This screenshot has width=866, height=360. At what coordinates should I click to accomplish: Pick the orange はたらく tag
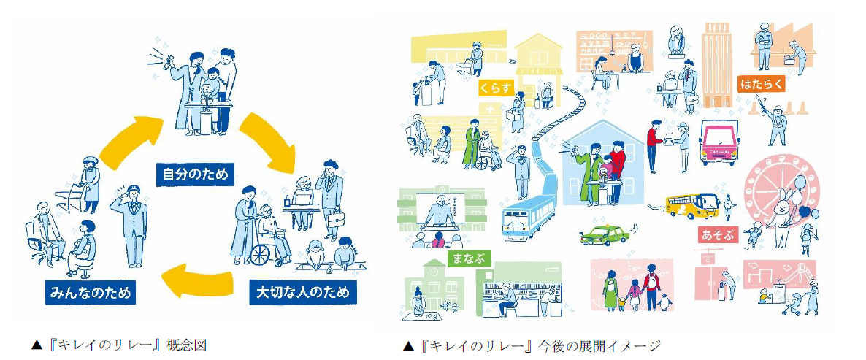[761, 83]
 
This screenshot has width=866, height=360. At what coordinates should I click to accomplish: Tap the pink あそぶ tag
[717, 235]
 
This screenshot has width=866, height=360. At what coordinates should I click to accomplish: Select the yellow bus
[691, 204]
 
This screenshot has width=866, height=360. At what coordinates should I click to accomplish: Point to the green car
[602, 236]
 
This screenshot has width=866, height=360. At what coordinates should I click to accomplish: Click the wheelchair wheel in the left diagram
[263, 253]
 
